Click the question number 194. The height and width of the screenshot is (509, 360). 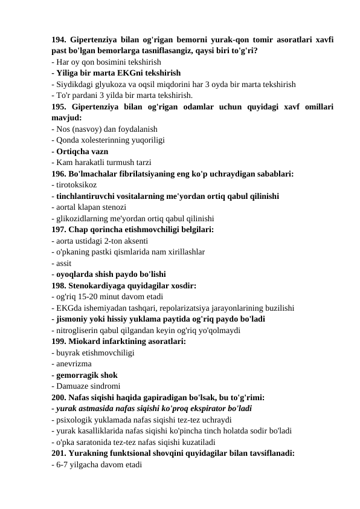(x=59, y=40)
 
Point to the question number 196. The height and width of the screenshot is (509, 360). (x=59, y=173)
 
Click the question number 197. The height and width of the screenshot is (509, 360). (x=59, y=229)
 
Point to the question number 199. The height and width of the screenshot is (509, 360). (x=59, y=340)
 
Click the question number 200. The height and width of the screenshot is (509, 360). (x=59, y=396)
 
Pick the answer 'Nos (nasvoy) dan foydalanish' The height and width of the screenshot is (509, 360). (x=104, y=128)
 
